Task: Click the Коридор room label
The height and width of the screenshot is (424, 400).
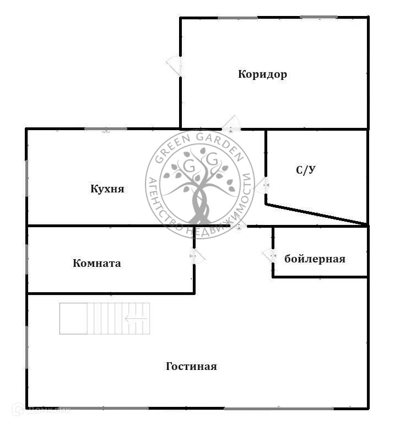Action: [x=262, y=74]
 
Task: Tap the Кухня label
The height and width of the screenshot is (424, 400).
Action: [x=107, y=189]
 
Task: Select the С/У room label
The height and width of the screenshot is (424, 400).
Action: [x=306, y=170]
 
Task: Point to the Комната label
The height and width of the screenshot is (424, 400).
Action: [x=97, y=263]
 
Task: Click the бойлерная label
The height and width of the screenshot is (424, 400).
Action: [x=315, y=259]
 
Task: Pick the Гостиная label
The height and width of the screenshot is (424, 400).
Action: [x=191, y=366]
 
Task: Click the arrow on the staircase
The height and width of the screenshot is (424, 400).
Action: [x=136, y=318]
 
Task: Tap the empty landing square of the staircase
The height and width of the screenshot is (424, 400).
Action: [x=74, y=318]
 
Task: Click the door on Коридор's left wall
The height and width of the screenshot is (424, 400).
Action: [x=175, y=65]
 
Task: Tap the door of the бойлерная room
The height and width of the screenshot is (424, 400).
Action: [x=269, y=255]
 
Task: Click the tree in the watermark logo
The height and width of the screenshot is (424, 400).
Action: [x=199, y=187]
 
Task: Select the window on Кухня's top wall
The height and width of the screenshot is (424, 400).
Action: [x=105, y=129]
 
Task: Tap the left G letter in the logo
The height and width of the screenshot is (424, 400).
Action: [x=188, y=165]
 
